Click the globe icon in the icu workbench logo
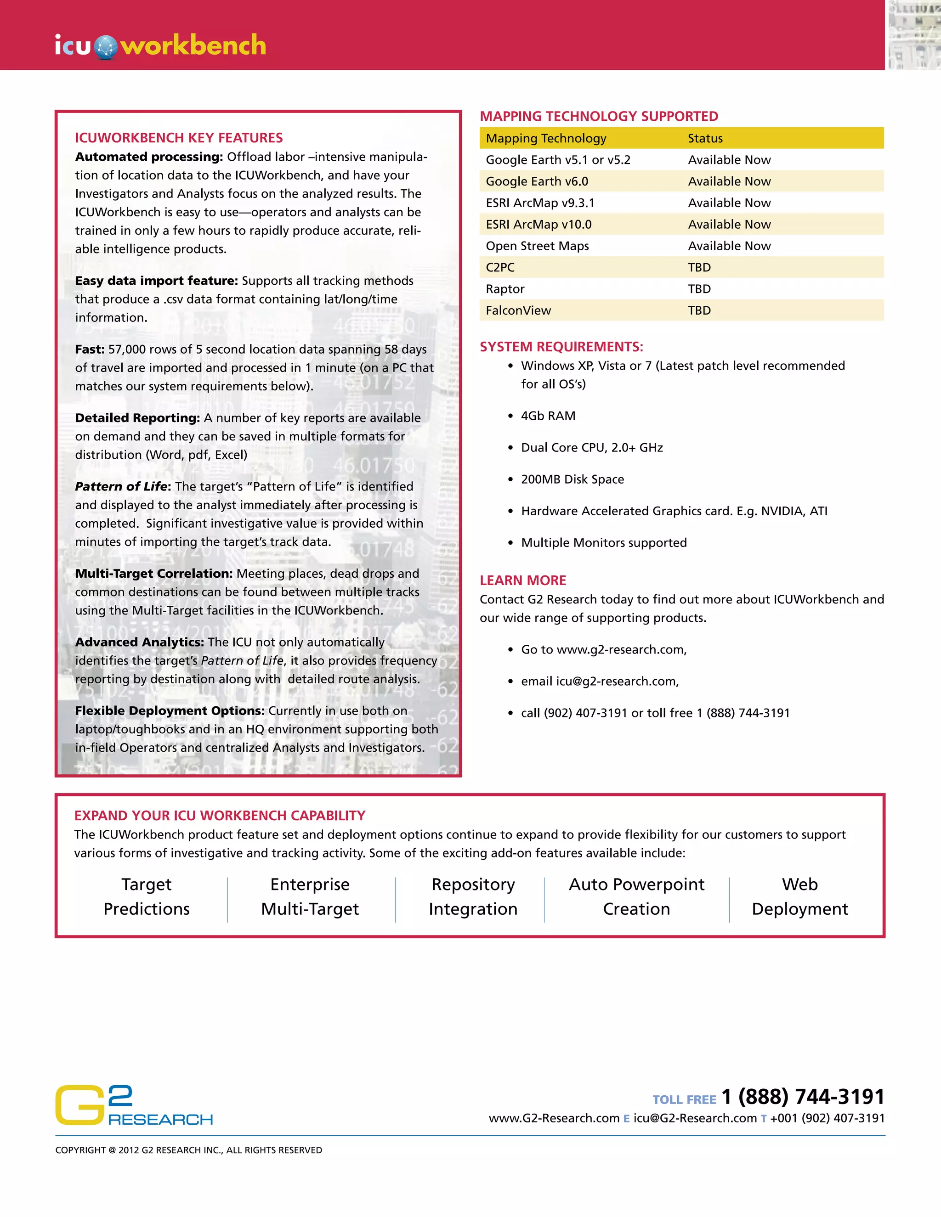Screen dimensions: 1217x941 105,47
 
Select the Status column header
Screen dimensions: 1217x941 705,138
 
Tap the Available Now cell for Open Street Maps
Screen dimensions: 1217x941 729,246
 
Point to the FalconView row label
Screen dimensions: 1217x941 518,311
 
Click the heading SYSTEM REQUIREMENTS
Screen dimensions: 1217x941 561,347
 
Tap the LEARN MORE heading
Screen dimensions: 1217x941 522,580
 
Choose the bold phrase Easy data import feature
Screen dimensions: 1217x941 157,281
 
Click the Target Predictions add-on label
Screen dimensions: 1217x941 147,896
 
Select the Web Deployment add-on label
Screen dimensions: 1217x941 799,896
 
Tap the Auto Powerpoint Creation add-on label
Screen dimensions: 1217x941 636,896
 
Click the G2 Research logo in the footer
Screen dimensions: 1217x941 134,1105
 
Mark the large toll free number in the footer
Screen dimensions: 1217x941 803,1097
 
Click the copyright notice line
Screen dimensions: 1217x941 188,1150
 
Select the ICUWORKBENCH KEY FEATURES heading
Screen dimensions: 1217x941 179,138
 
